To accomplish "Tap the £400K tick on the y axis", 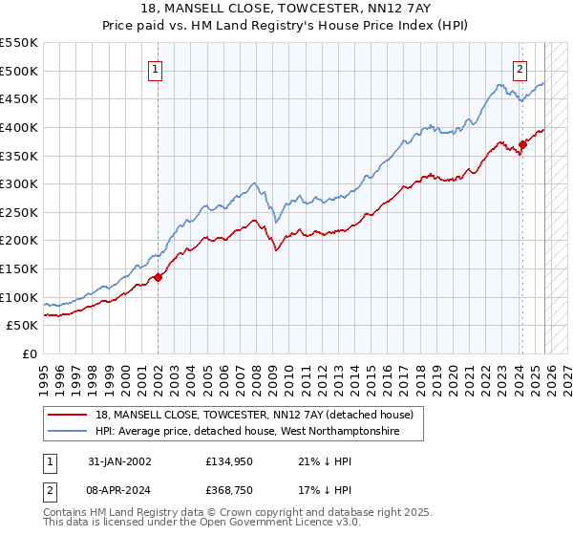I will [18, 127].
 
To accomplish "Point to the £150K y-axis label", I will [18, 269].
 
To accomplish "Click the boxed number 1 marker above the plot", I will [155, 68].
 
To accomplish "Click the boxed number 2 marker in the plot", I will [520, 68].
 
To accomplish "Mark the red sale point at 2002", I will [159, 277].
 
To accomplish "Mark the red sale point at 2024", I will [522, 145].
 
